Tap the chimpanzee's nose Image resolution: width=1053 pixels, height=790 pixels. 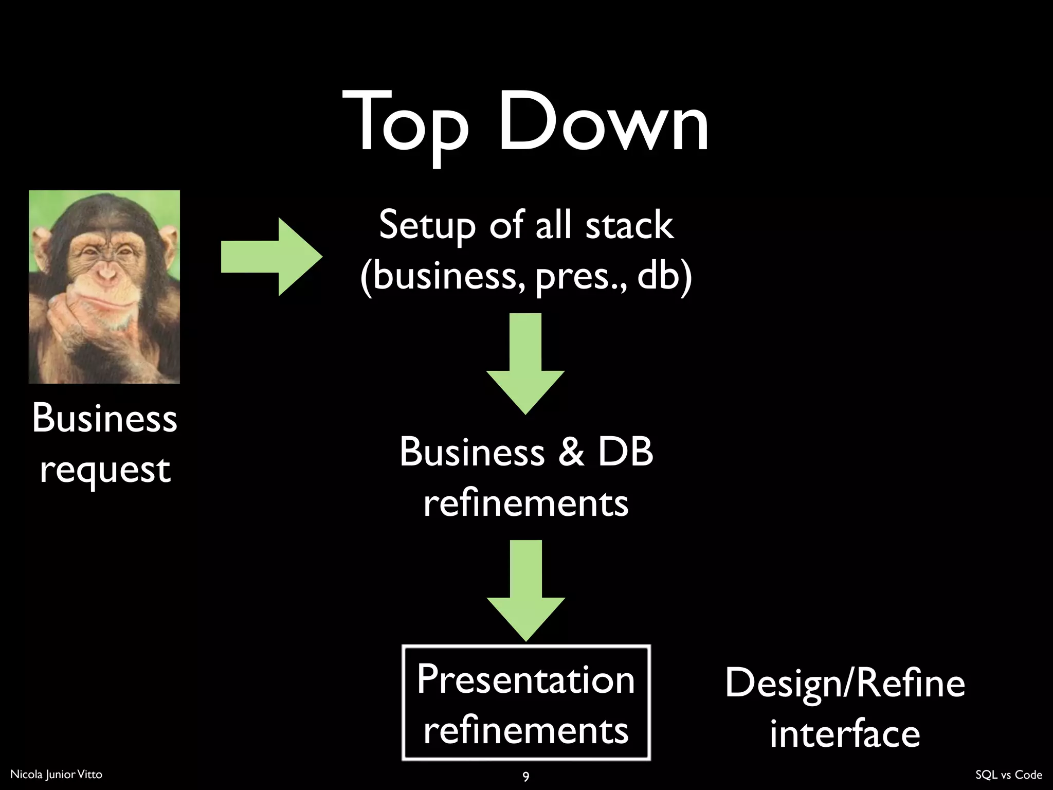(x=106, y=273)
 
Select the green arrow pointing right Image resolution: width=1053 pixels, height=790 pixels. (x=271, y=257)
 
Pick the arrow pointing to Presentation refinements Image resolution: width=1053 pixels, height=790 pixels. (x=525, y=590)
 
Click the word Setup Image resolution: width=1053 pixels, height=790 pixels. (x=427, y=225)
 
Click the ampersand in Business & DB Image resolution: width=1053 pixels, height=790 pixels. (x=571, y=452)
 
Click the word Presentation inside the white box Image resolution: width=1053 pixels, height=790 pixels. (x=525, y=679)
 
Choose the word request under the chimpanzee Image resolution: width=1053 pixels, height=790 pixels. (x=105, y=470)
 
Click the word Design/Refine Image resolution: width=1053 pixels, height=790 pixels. (x=845, y=683)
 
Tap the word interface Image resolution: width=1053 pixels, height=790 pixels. (x=845, y=733)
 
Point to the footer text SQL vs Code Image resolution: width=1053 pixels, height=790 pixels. (x=1008, y=775)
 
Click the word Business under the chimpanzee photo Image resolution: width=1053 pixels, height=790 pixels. (x=105, y=418)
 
